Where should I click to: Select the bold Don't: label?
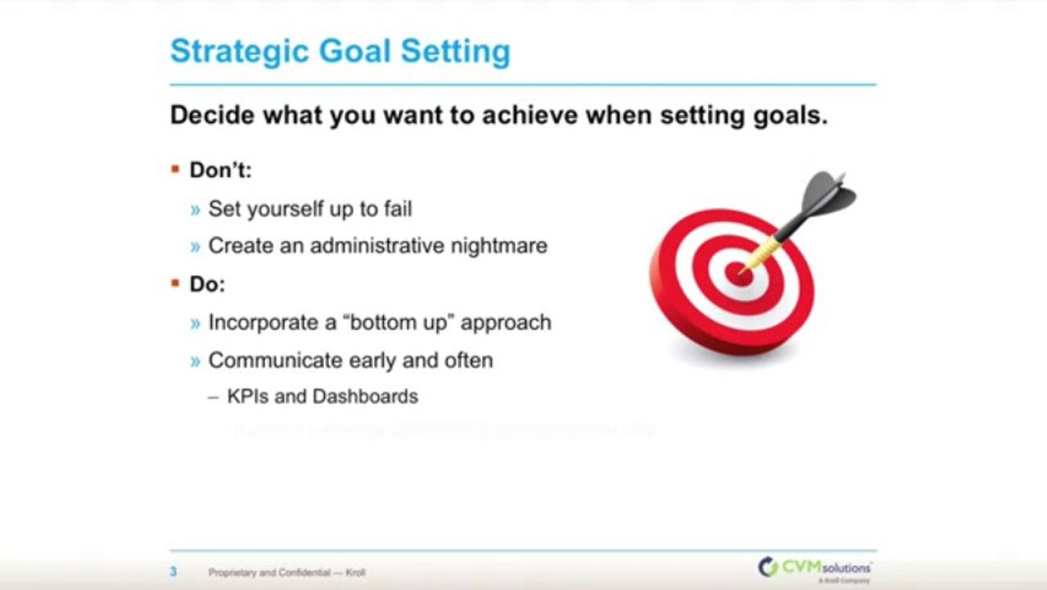[220, 170]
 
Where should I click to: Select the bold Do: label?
[207, 284]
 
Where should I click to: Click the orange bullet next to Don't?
[174, 170]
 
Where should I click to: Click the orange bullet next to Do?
[174, 284]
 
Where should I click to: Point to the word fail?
[396, 209]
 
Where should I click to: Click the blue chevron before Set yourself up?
[195, 210]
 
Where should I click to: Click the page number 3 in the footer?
[174, 571]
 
